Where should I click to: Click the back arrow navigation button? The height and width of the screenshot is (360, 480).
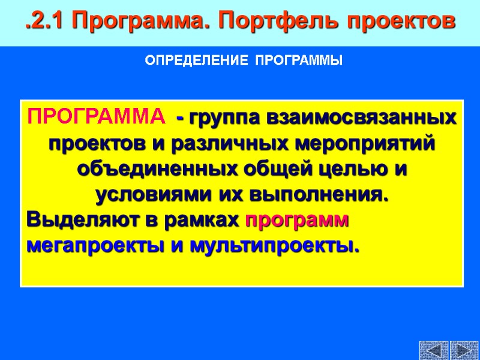(434, 350)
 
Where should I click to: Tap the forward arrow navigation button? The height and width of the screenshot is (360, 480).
(463, 350)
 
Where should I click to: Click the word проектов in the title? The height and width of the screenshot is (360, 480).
(398, 22)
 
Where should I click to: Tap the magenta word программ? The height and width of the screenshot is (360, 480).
(298, 221)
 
